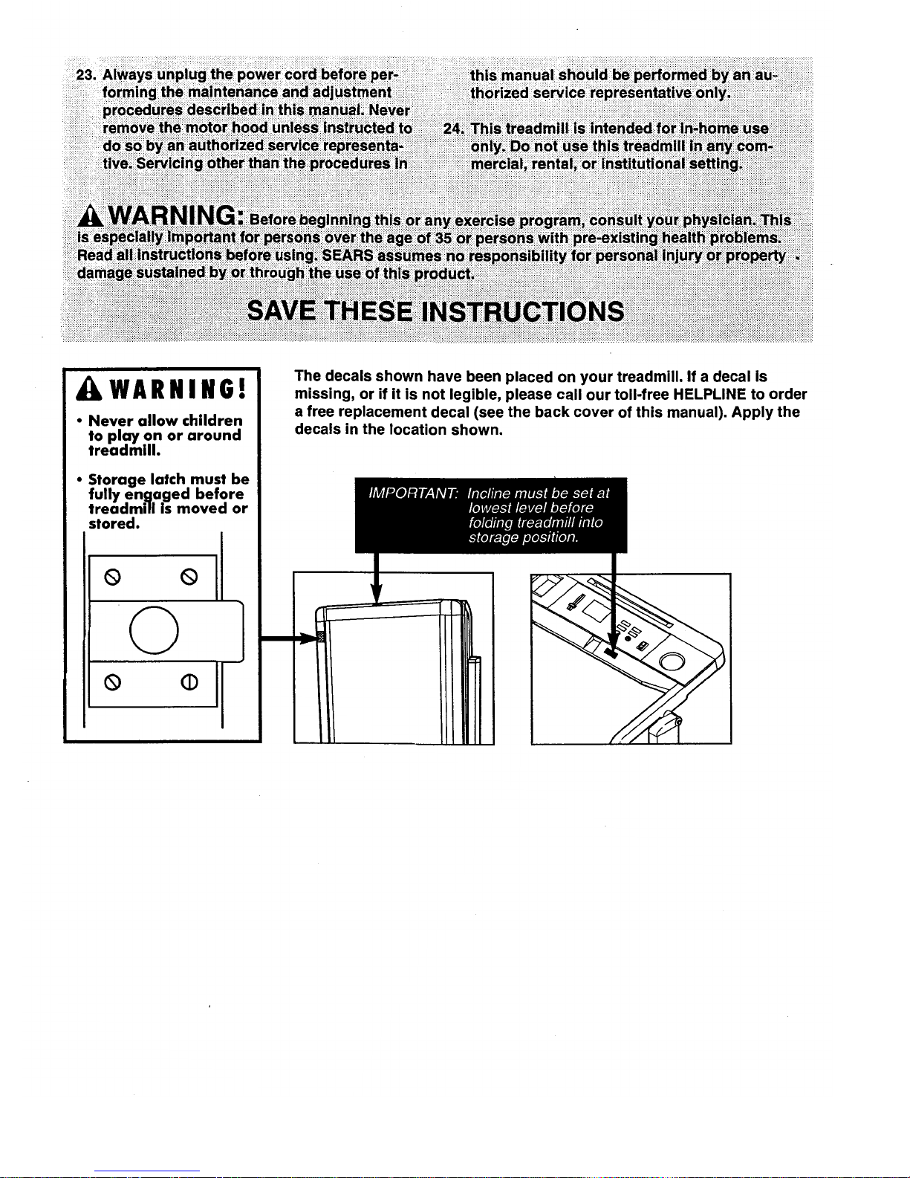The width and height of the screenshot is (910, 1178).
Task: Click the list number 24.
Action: (x=452, y=129)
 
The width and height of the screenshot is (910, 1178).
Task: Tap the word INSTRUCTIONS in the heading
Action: (x=522, y=311)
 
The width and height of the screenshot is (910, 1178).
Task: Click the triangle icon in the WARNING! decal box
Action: (x=82, y=389)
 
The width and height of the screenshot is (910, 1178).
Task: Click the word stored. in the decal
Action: (x=113, y=523)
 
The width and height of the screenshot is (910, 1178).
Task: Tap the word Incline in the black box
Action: (x=490, y=493)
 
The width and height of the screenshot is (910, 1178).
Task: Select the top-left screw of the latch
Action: (x=108, y=576)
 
